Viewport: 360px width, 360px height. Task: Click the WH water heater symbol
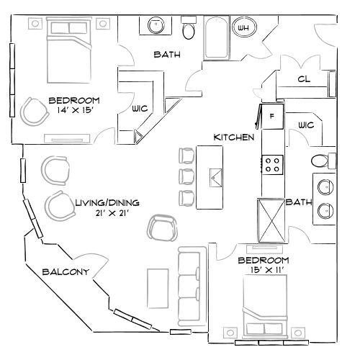(x=243, y=29)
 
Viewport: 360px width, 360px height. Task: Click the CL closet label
(x=303, y=80)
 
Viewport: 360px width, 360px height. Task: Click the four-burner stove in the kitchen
(x=273, y=164)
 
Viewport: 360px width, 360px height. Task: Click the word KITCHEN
(x=233, y=137)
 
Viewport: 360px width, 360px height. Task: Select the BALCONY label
(x=65, y=271)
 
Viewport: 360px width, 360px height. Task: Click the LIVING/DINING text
(x=107, y=203)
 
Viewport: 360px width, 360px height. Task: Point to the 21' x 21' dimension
(x=107, y=213)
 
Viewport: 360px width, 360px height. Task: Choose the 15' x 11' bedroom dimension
(x=263, y=269)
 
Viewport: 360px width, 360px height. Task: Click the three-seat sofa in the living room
(x=189, y=284)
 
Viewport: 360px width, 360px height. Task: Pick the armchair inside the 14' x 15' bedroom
(x=32, y=111)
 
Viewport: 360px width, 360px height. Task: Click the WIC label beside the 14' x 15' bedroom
(x=140, y=109)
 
